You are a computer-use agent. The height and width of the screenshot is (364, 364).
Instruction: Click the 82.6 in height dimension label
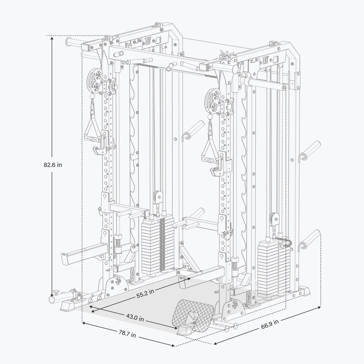[52, 165]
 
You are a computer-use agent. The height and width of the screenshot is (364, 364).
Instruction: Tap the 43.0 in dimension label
[135, 318]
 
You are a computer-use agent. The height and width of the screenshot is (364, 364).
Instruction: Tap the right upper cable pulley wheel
[214, 100]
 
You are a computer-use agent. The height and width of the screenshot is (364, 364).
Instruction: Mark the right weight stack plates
[272, 267]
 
